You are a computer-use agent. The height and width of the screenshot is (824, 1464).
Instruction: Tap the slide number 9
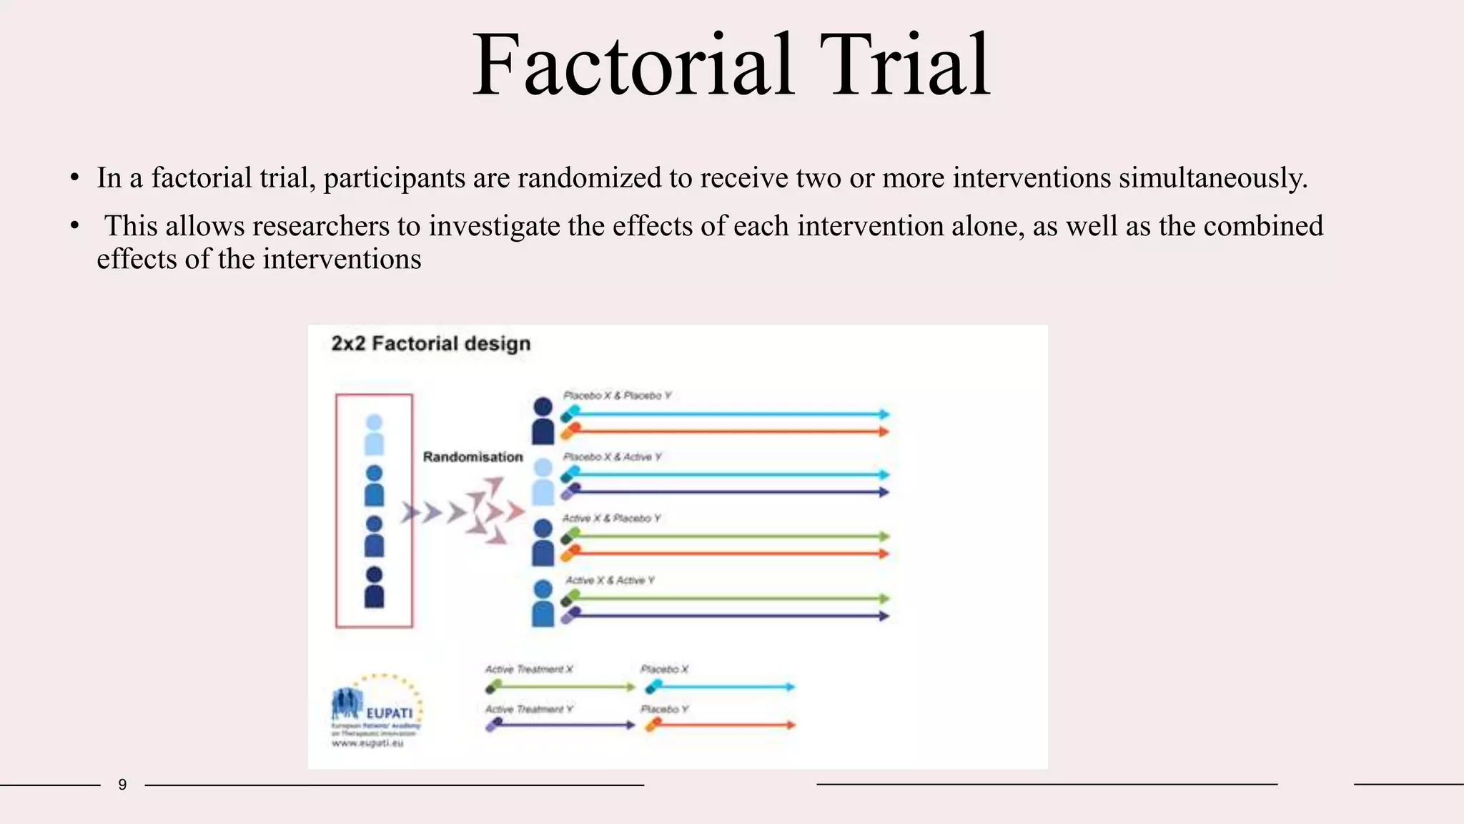click(x=122, y=785)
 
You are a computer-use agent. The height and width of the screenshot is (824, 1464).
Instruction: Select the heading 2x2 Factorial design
click(x=430, y=344)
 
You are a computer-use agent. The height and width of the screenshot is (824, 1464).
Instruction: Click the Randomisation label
click(x=473, y=457)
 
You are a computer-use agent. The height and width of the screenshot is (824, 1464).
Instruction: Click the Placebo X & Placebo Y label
click(x=617, y=396)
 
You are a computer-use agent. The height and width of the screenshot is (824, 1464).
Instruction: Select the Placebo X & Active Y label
click(x=612, y=457)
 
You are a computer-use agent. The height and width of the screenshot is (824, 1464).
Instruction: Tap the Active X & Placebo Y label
click(x=611, y=519)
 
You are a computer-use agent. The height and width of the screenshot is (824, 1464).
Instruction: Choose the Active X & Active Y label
click(x=610, y=580)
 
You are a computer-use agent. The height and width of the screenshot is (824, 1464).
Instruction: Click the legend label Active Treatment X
click(x=528, y=669)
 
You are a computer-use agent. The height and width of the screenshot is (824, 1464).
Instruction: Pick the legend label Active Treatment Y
click(x=528, y=710)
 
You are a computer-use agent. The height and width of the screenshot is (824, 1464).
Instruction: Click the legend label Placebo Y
click(x=664, y=710)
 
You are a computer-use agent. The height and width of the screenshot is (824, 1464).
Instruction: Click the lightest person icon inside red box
click(x=374, y=435)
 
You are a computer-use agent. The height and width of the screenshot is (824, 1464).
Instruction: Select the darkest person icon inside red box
click(x=374, y=588)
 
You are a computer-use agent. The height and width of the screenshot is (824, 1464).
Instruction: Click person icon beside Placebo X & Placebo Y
click(x=543, y=421)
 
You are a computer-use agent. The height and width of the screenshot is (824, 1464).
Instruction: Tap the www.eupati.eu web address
click(x=367, y=744)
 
